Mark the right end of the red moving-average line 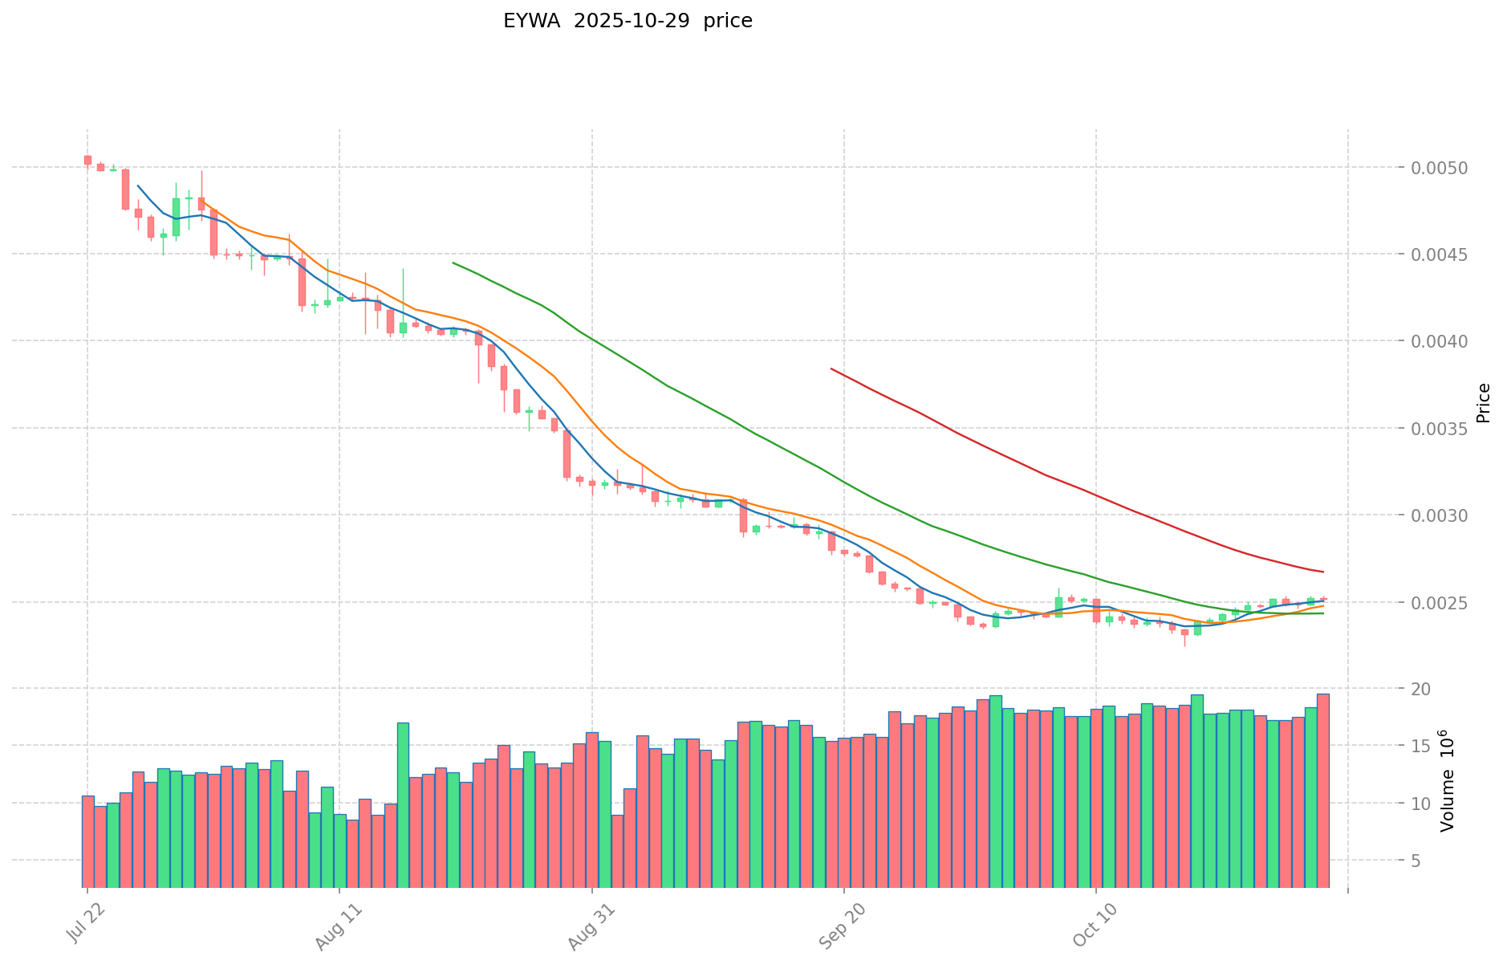coord(1323,572)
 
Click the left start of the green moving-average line coord(453,263)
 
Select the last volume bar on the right coord(1322,791)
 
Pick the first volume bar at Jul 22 coord(87,841)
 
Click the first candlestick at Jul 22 coord(87,161)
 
